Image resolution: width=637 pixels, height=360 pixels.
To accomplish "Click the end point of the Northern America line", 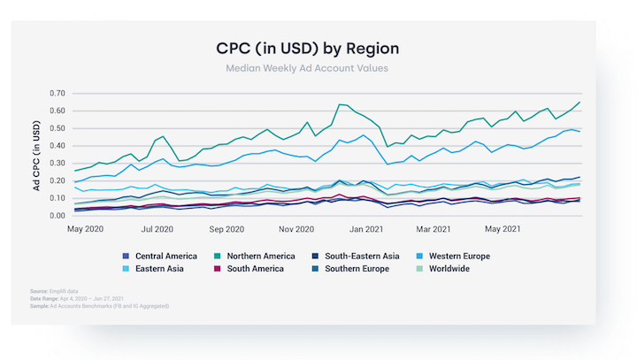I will coord(580,102).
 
